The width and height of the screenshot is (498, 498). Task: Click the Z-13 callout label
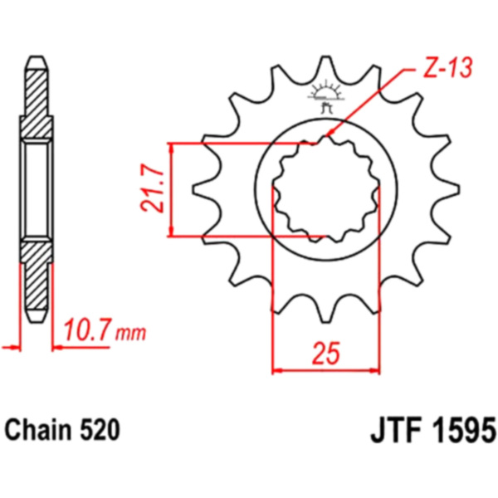[x=448, y=68]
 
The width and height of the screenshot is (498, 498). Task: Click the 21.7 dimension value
[x=152, y=188]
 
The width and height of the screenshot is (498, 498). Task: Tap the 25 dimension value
[x=326, y=354]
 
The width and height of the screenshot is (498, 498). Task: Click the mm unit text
[x=130, y=334]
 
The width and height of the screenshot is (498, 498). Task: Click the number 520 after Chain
[x=100, y=430]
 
